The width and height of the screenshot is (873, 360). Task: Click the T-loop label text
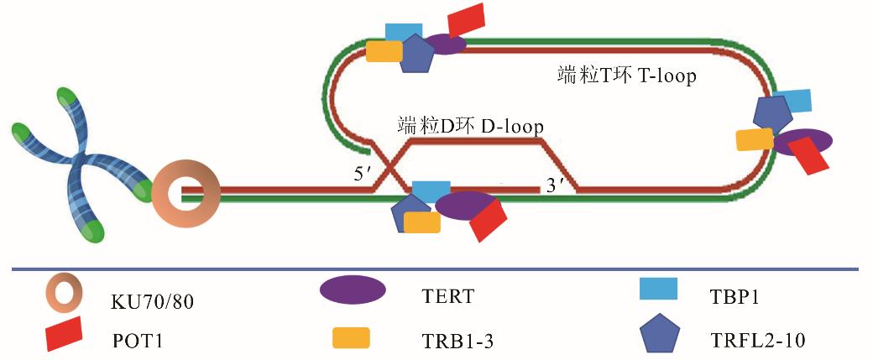(628, 76)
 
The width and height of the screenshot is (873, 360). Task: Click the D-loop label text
(470, 126)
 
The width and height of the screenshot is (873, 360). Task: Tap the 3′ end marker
(555, 185)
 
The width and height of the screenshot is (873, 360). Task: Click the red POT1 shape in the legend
(63, 334)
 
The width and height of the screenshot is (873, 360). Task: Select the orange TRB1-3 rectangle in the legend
(352, 337)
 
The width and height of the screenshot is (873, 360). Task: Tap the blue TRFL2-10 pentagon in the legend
(661, 336)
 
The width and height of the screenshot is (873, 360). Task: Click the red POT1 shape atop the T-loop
(468, 20)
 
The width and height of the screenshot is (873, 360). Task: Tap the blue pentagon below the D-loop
(409, 211)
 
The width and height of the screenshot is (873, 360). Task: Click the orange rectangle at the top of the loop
(384, 51)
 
